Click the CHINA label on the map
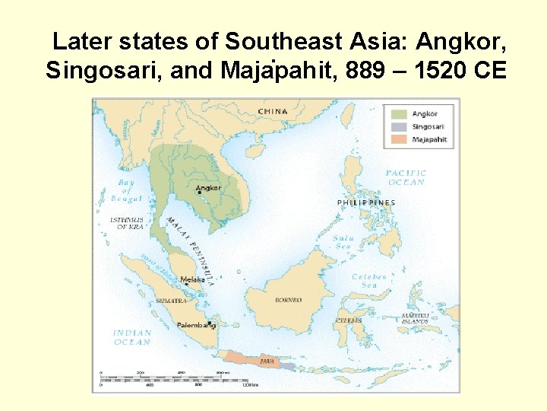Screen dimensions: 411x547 point(273,111)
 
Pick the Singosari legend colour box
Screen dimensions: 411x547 point(399,127)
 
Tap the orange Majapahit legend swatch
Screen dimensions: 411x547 point(399,140)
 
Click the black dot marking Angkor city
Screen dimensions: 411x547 point(200,193)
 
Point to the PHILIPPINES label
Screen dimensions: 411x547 point(366,203)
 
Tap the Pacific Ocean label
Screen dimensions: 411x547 point(406,177)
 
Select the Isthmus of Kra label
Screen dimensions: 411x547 point(126,223)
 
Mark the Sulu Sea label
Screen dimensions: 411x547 point(343,242)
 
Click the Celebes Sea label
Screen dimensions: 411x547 point(369,281)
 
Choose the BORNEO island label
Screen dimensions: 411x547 point(288,301)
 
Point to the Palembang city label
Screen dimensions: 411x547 point(196,325)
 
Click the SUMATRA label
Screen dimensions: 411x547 point(171,301)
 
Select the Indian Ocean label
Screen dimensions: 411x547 point(132,337)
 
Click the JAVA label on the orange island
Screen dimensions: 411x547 point(267,361)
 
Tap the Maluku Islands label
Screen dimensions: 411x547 point(415,319)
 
